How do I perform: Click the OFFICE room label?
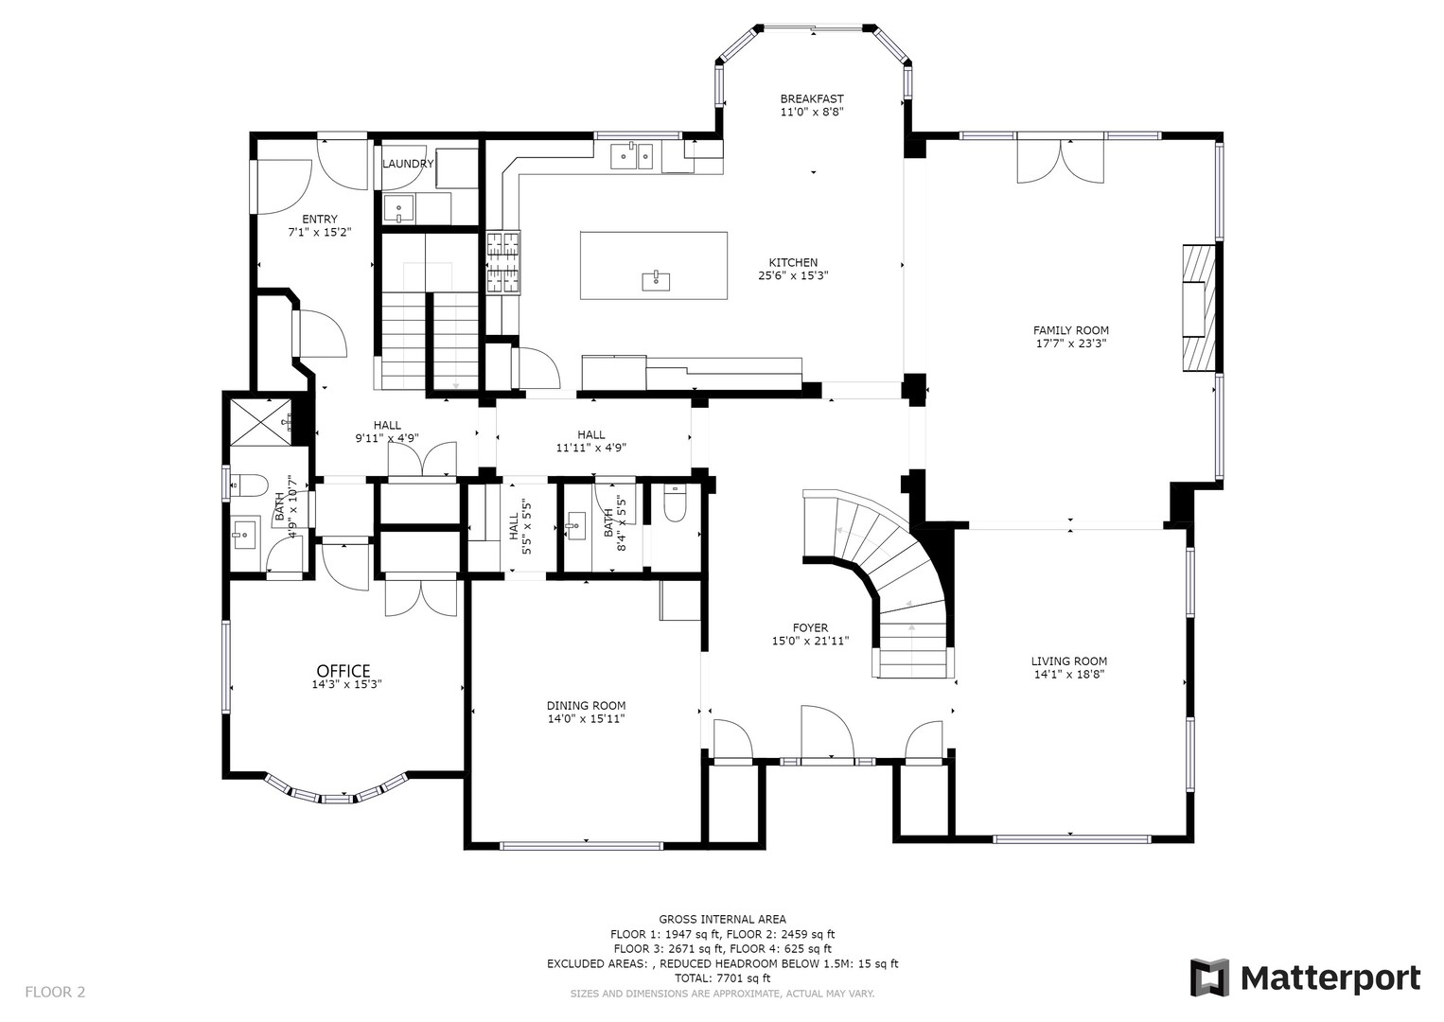343,671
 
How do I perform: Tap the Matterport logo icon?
1208,978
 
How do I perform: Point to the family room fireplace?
1198,308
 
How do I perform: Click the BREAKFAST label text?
811,98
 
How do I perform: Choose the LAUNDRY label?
408,164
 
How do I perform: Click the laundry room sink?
399,209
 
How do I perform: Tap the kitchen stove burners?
502,263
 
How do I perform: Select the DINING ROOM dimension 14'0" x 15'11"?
586,718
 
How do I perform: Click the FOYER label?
810,627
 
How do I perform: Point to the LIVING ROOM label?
1068,661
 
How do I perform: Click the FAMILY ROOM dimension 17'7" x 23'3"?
1070,344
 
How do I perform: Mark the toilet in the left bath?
249,485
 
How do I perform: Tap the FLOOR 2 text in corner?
55,992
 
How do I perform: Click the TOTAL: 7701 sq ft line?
722,978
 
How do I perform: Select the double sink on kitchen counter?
631,155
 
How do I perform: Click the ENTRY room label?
319,219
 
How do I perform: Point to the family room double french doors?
1060,161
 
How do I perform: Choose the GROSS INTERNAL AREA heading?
722,919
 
